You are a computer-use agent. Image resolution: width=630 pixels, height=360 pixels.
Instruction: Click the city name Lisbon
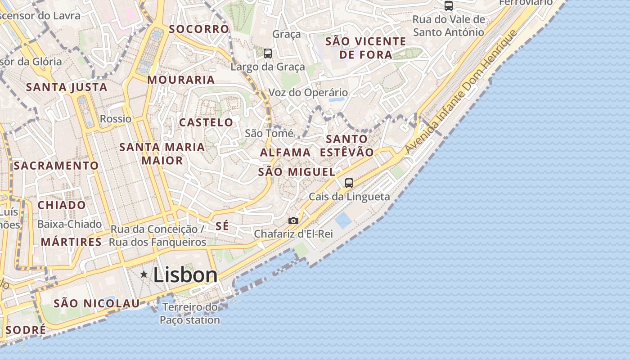click(185, 275)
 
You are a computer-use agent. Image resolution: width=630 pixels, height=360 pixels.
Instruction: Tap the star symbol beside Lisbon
click(144, 274)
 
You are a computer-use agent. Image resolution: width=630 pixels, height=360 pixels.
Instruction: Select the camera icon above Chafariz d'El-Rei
click(293, 220)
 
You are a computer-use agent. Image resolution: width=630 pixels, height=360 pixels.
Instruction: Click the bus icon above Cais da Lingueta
click(349, 183)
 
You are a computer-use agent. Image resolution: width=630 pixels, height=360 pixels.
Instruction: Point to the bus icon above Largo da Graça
click(268, 54)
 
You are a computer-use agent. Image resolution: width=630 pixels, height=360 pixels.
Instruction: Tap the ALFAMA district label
click(285, 153)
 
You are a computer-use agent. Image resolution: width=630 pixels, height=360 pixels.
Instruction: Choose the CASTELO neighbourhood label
click(206, 122)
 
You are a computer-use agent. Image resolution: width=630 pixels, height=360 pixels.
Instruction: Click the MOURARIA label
click(181, 80)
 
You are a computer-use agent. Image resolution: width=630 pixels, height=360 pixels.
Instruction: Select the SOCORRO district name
click(199, 29)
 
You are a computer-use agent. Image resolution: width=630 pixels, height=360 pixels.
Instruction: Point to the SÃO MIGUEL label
click(297, 172)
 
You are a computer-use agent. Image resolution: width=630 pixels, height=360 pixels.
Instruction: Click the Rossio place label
click(116, 119)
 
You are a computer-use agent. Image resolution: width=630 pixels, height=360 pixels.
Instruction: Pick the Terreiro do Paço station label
click(190, 314)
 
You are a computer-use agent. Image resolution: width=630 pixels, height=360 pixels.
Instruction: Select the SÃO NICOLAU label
click(96, 303)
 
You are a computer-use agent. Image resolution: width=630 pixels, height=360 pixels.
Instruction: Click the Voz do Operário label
click(308, 93)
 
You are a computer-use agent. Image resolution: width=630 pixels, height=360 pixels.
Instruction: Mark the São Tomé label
click(269, 134)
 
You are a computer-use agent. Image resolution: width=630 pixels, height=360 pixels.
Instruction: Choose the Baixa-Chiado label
click(69, 224)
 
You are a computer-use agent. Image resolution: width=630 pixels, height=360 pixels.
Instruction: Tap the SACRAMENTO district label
click(56, 166)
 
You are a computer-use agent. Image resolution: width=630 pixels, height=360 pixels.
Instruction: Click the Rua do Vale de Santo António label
click(449, 26)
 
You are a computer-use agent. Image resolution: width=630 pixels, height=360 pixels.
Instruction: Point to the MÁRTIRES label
click(71, 242)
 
